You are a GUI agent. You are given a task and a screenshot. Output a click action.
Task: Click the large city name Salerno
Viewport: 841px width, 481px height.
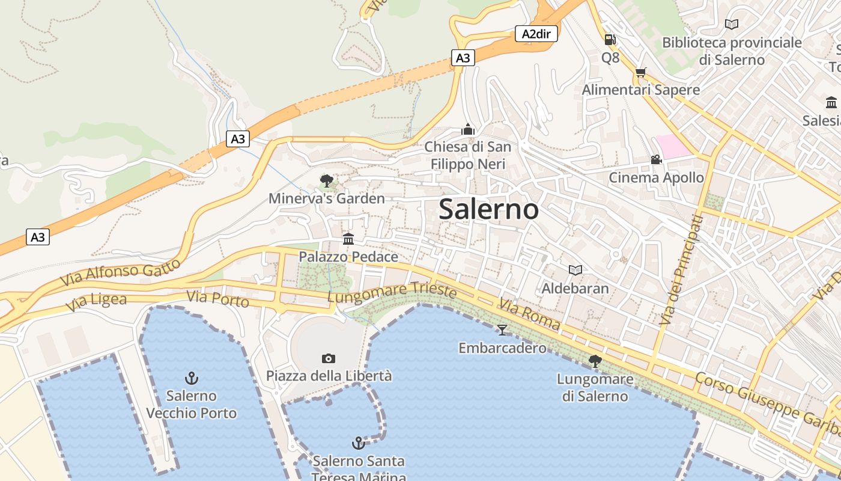point(488,209)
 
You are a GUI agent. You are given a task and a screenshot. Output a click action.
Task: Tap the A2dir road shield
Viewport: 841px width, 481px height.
point(536,34)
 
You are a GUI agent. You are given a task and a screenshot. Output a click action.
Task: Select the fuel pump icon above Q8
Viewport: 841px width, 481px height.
point(610,40)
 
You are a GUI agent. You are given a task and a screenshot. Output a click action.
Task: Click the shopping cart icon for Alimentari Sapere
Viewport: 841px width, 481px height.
point(640,73)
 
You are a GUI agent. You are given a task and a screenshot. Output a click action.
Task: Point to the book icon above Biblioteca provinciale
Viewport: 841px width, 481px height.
point(731,25)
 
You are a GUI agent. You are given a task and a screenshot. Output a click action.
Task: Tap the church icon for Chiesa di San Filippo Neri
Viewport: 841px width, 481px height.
point(467,129)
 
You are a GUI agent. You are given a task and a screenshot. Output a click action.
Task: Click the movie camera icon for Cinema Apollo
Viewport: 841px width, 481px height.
point(656,160)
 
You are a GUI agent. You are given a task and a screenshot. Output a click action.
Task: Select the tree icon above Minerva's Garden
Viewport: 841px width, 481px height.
point(326,180)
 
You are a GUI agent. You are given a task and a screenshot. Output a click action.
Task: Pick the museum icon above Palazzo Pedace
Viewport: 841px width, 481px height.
point(348,239)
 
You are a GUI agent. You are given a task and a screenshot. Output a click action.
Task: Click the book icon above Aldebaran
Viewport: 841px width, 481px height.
point(575,271)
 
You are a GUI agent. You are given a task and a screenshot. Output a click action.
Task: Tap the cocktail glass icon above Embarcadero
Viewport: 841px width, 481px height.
point(502,329)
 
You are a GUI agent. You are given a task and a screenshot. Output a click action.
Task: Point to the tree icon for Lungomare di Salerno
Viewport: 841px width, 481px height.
point(595,361)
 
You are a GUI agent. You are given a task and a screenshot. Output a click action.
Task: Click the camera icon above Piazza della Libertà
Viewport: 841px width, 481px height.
point(329,358)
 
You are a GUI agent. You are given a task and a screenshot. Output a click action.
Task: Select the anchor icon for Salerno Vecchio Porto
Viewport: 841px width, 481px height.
point(191,378)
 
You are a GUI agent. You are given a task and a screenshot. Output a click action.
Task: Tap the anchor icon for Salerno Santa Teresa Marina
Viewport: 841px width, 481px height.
point(358,444)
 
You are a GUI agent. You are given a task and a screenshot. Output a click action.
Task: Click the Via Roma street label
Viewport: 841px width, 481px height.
point(529,315)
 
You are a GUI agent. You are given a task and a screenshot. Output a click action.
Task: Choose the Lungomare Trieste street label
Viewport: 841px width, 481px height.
point(392,293)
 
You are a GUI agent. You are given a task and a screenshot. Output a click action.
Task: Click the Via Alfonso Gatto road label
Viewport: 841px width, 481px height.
point(120,272)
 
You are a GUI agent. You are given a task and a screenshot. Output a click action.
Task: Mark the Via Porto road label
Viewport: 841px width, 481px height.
point(217,298)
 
